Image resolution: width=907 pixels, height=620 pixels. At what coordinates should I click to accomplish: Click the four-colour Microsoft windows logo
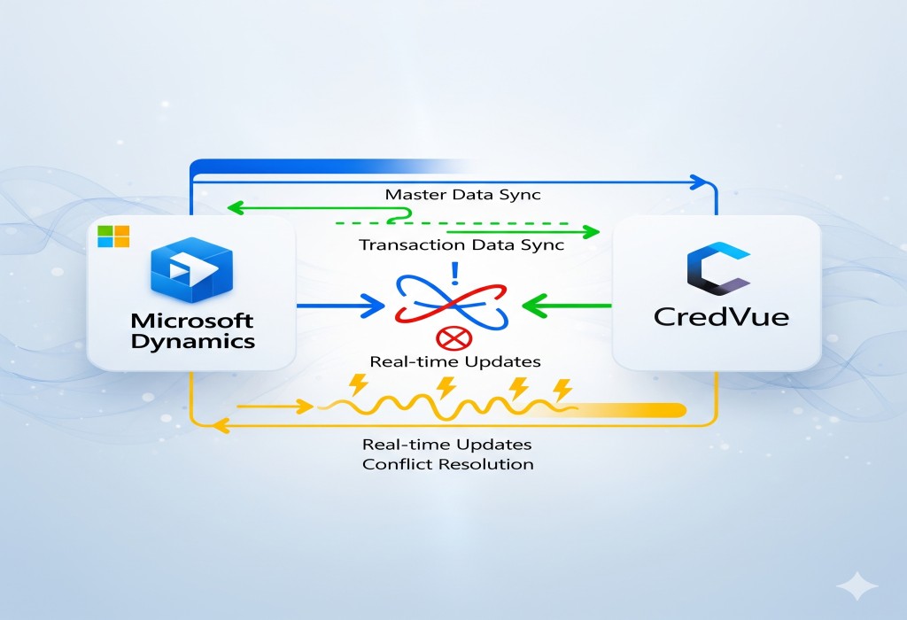113,236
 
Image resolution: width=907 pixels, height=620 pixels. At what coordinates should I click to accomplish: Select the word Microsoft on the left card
192,321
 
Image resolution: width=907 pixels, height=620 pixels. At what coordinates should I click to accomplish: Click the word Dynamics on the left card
192,341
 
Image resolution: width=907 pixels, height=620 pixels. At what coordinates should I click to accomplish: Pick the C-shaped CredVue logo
717,270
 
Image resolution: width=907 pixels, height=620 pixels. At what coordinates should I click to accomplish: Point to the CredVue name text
720,316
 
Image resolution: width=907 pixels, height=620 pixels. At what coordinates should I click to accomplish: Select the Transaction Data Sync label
461,245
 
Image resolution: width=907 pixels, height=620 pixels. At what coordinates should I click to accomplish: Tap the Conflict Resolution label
448,464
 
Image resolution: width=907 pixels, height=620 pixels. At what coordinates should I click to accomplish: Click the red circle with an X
452,337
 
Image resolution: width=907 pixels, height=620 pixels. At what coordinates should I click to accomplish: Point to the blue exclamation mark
454,269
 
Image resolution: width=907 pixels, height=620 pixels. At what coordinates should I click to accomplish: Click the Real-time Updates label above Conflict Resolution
447,444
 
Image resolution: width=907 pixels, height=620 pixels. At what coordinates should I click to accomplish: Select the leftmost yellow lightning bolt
360,385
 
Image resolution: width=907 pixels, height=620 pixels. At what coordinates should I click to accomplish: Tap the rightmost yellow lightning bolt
562,389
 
